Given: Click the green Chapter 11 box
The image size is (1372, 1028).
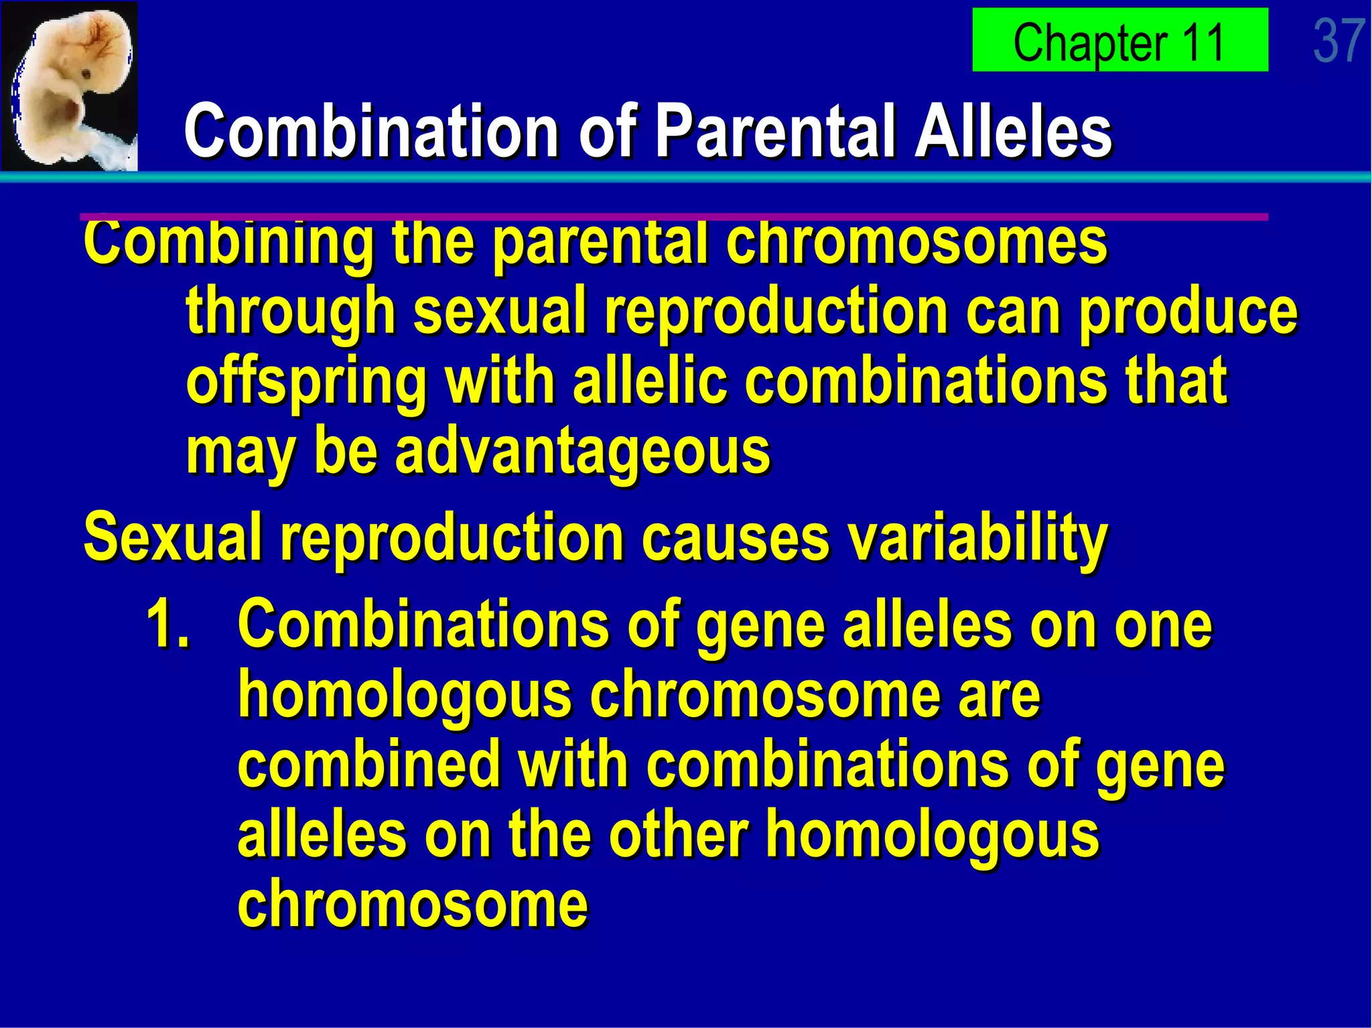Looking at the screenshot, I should [1119, 40].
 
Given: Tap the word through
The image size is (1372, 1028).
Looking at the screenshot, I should [291, 313].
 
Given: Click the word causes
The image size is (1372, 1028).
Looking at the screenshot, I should [735, 538].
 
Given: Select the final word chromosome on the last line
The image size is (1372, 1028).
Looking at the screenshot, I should [413, 904].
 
